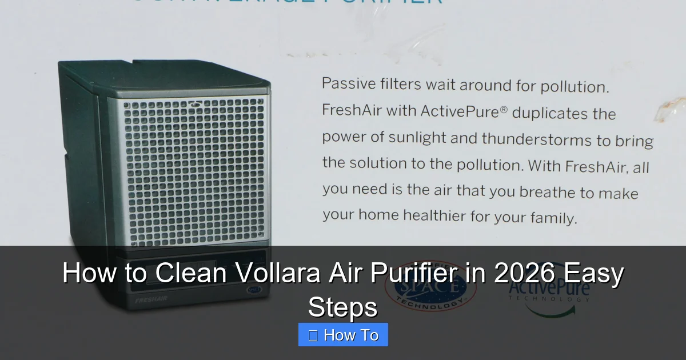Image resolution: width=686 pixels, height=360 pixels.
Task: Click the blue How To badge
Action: coord(343,335)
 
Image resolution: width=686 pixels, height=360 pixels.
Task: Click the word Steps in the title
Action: coord(343,307)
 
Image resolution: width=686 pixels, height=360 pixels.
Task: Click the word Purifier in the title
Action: coord(407,274)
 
